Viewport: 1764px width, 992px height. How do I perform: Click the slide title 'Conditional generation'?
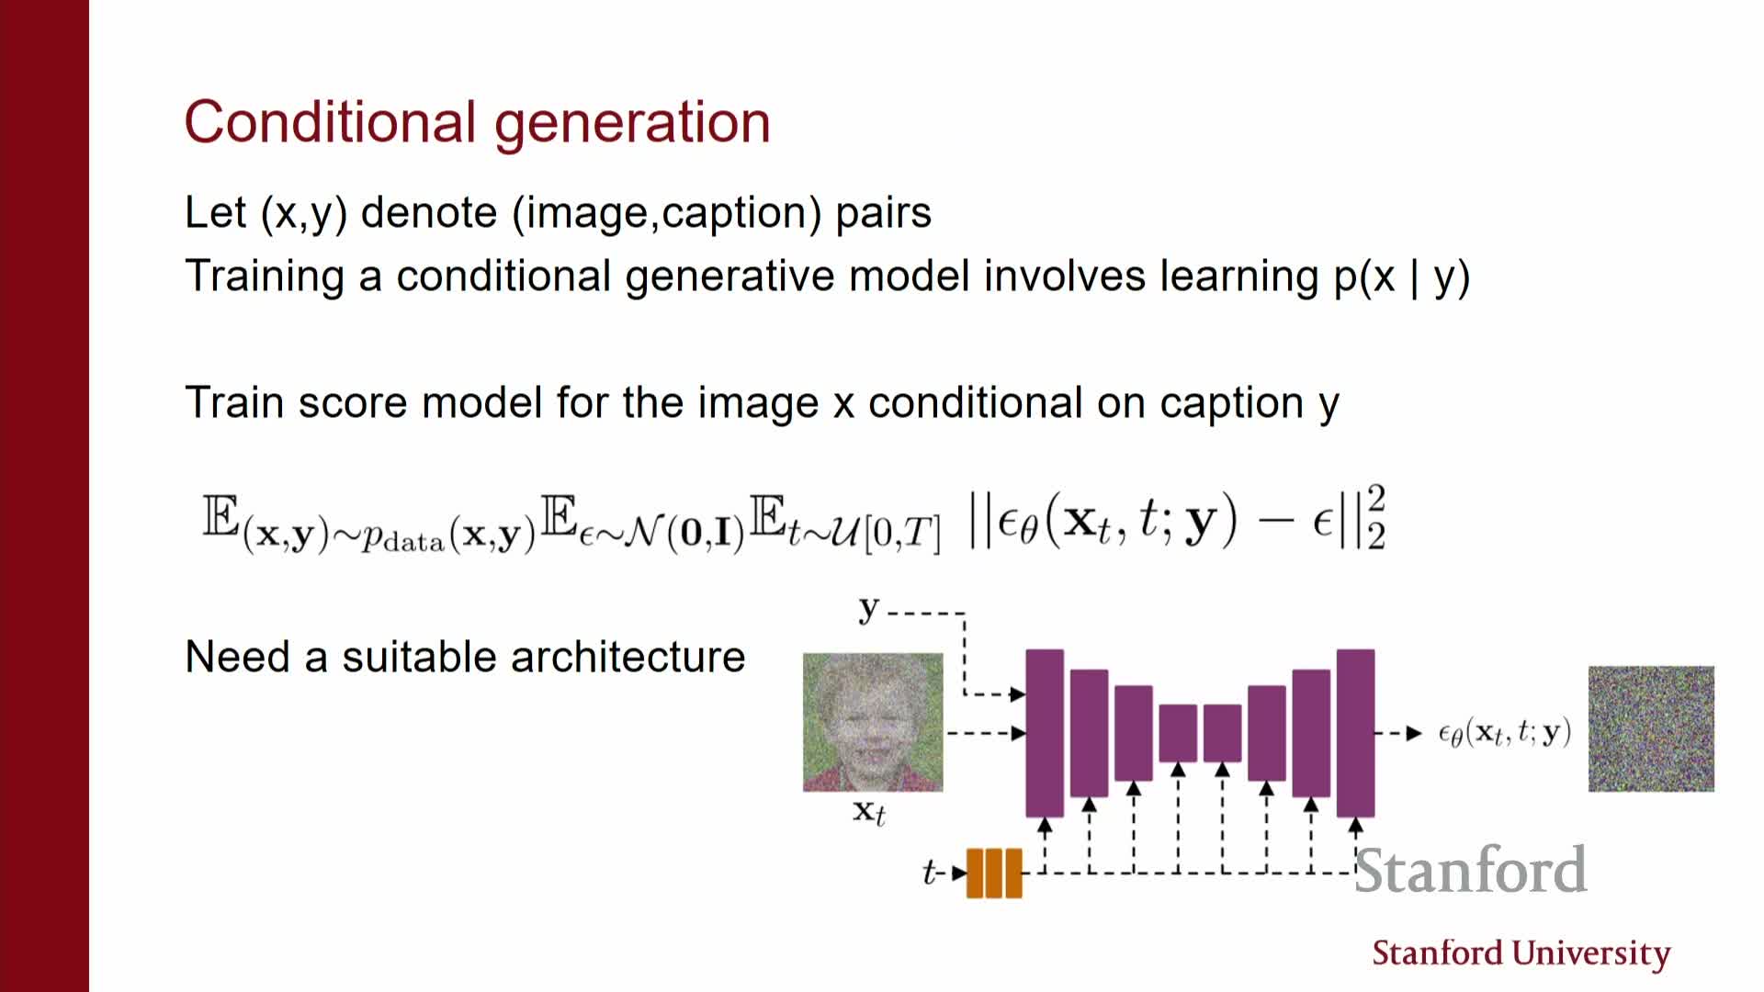click(x=477, y=123)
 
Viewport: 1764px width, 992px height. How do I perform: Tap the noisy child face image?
click(x=873, y=722)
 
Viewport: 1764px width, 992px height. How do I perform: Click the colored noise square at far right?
click(x=1651, y=728)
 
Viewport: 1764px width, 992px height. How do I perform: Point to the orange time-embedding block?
click(x=994, y=873)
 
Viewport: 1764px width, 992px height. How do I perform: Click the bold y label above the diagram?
click(x=869, y=609)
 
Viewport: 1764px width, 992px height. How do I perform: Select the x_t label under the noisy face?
click(x=869, y=813)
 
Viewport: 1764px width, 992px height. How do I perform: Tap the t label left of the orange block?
click(x=930, y=872)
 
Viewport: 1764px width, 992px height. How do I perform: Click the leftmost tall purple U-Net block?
click(x=1045, y=733)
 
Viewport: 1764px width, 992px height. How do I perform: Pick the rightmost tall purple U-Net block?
click(x=1355, y=733)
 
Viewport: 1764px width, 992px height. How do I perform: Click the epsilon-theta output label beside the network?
click(x=1504, y=732)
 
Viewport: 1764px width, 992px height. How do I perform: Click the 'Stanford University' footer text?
click(x=1521, y=954)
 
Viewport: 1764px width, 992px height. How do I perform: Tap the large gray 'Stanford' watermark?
click(x=1471, y=870)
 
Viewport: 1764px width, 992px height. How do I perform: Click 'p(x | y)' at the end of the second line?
click(x=1402, y=277)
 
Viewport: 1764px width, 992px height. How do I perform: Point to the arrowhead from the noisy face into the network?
click(x=1018, y=733)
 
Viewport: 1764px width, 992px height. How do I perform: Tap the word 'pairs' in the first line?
click(x=883, y=214)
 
